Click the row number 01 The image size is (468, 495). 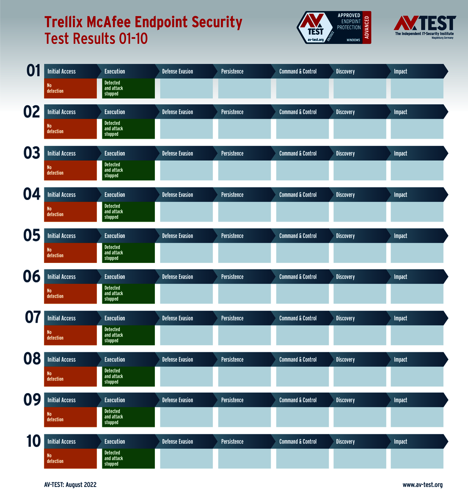[33, 71]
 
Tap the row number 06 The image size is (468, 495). [32, 276]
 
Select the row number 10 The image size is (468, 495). [33, 441]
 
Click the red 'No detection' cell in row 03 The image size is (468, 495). [71, 170]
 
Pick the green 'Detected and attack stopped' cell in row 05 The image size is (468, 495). [128, 253]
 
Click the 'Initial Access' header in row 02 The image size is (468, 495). [62, 112]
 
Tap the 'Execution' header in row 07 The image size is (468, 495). [115, 318]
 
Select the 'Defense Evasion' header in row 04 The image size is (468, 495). [177, 195]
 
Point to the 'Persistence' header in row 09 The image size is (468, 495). [232, 400]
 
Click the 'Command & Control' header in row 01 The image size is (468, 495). [298, 71]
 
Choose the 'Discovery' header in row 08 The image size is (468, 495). [345, 360]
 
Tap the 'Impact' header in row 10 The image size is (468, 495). [400, 441]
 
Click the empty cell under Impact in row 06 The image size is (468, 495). [417, 294]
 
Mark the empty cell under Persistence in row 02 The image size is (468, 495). [245, 129]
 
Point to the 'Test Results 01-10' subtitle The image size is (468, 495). [96, 38]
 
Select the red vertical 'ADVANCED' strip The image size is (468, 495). [367, 27]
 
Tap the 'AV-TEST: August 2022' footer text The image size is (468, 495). [70, 484]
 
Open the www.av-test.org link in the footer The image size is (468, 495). [422, 484]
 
